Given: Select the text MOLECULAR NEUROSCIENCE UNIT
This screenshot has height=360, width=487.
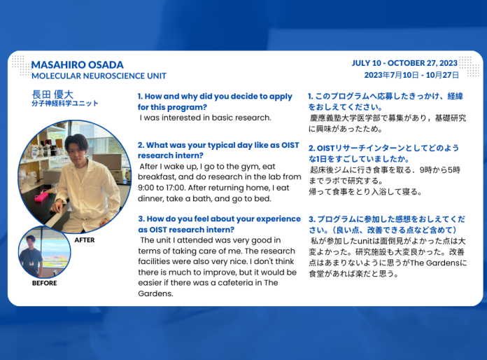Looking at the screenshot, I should pos(99,76).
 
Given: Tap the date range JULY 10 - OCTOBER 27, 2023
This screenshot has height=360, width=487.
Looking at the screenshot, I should pos(405,63).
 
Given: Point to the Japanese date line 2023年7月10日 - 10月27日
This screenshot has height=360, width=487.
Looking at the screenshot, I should pos(411,74).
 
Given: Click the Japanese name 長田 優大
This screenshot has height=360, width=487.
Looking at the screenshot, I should pos(52,94).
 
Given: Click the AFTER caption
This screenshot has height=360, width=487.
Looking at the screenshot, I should pos(84,240).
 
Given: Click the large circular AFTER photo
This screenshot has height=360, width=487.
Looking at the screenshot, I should pos(74,176).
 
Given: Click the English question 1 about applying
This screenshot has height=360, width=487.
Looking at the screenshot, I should pos(215,102).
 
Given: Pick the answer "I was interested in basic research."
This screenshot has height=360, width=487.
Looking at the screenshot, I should pos(206,118).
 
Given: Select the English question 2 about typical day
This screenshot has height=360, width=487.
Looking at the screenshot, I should pos(218,150).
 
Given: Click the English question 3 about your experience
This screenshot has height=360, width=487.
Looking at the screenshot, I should pos(219,223).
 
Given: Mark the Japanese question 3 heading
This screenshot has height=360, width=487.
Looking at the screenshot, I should pos(386,224).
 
